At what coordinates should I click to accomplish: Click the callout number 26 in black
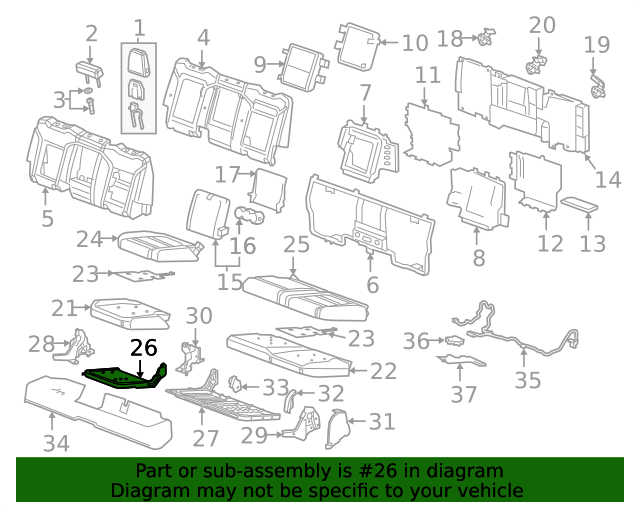click(x=144, y=347)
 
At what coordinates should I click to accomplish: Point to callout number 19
click(x=597, y=45)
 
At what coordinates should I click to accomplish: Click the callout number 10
click(x=414, y=43)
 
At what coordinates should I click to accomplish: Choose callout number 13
click(x=593, y=244)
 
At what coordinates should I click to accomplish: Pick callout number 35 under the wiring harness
click(x=527, y=380)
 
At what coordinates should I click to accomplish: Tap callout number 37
click(x=463, y=394)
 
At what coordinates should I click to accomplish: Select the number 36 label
click(x=416, y=342)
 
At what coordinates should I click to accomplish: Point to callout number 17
click(x=228, y=173)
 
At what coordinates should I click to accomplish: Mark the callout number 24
click(x=90, y=239)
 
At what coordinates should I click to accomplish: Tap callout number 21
click(x=65, y=309)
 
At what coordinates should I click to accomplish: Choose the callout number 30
click(x=199, y=317)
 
